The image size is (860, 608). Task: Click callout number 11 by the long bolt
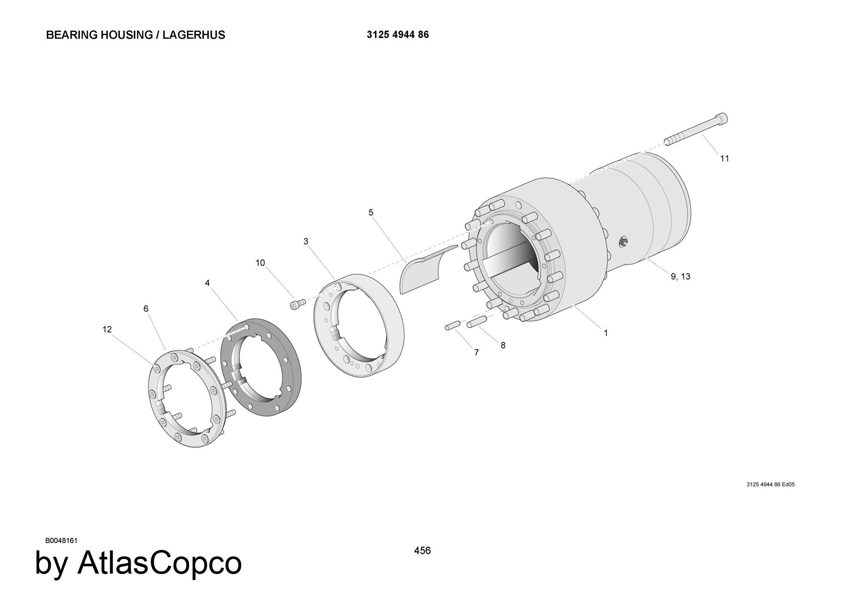coord(725,159)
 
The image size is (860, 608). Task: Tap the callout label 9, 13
coord(681,276)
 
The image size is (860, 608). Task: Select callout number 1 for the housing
coord(606,333)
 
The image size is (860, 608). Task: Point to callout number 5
coord(371,212)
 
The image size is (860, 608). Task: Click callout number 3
coord(306,241)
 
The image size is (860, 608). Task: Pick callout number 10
coord(260,263)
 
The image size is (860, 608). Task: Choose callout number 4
coord(207,283)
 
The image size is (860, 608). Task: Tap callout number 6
coord(146,309)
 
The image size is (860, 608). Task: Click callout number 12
coord(107,329)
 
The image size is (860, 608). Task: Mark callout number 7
coord(476,353)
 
